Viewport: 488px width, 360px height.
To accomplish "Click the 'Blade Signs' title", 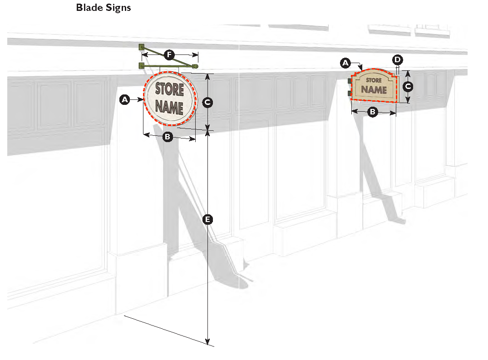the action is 104,8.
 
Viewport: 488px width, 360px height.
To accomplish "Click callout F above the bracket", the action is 169,55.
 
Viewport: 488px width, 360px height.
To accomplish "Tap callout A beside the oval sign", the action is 124,99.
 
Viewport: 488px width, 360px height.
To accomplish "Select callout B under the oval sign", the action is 167,136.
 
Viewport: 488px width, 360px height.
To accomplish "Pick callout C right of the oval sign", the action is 207,103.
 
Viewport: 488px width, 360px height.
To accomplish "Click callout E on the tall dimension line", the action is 207,220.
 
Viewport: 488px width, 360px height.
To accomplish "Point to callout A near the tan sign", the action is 345,63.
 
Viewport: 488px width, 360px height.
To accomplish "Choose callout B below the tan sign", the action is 372,112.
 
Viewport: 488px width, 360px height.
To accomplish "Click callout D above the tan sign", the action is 398,59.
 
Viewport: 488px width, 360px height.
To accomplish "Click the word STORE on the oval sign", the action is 170,89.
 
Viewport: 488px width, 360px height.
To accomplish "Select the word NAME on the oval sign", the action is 169,108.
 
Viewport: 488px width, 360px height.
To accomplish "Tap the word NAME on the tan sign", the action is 374,89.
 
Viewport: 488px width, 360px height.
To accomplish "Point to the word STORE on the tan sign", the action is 374,81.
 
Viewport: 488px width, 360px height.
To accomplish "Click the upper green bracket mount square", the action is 142,46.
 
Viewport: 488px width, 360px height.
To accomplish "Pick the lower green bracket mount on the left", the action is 141,66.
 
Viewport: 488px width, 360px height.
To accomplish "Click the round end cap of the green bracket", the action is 196,66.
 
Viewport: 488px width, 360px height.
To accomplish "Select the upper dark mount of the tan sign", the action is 350,81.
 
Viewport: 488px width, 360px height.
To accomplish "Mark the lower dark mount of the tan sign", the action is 350,93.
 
